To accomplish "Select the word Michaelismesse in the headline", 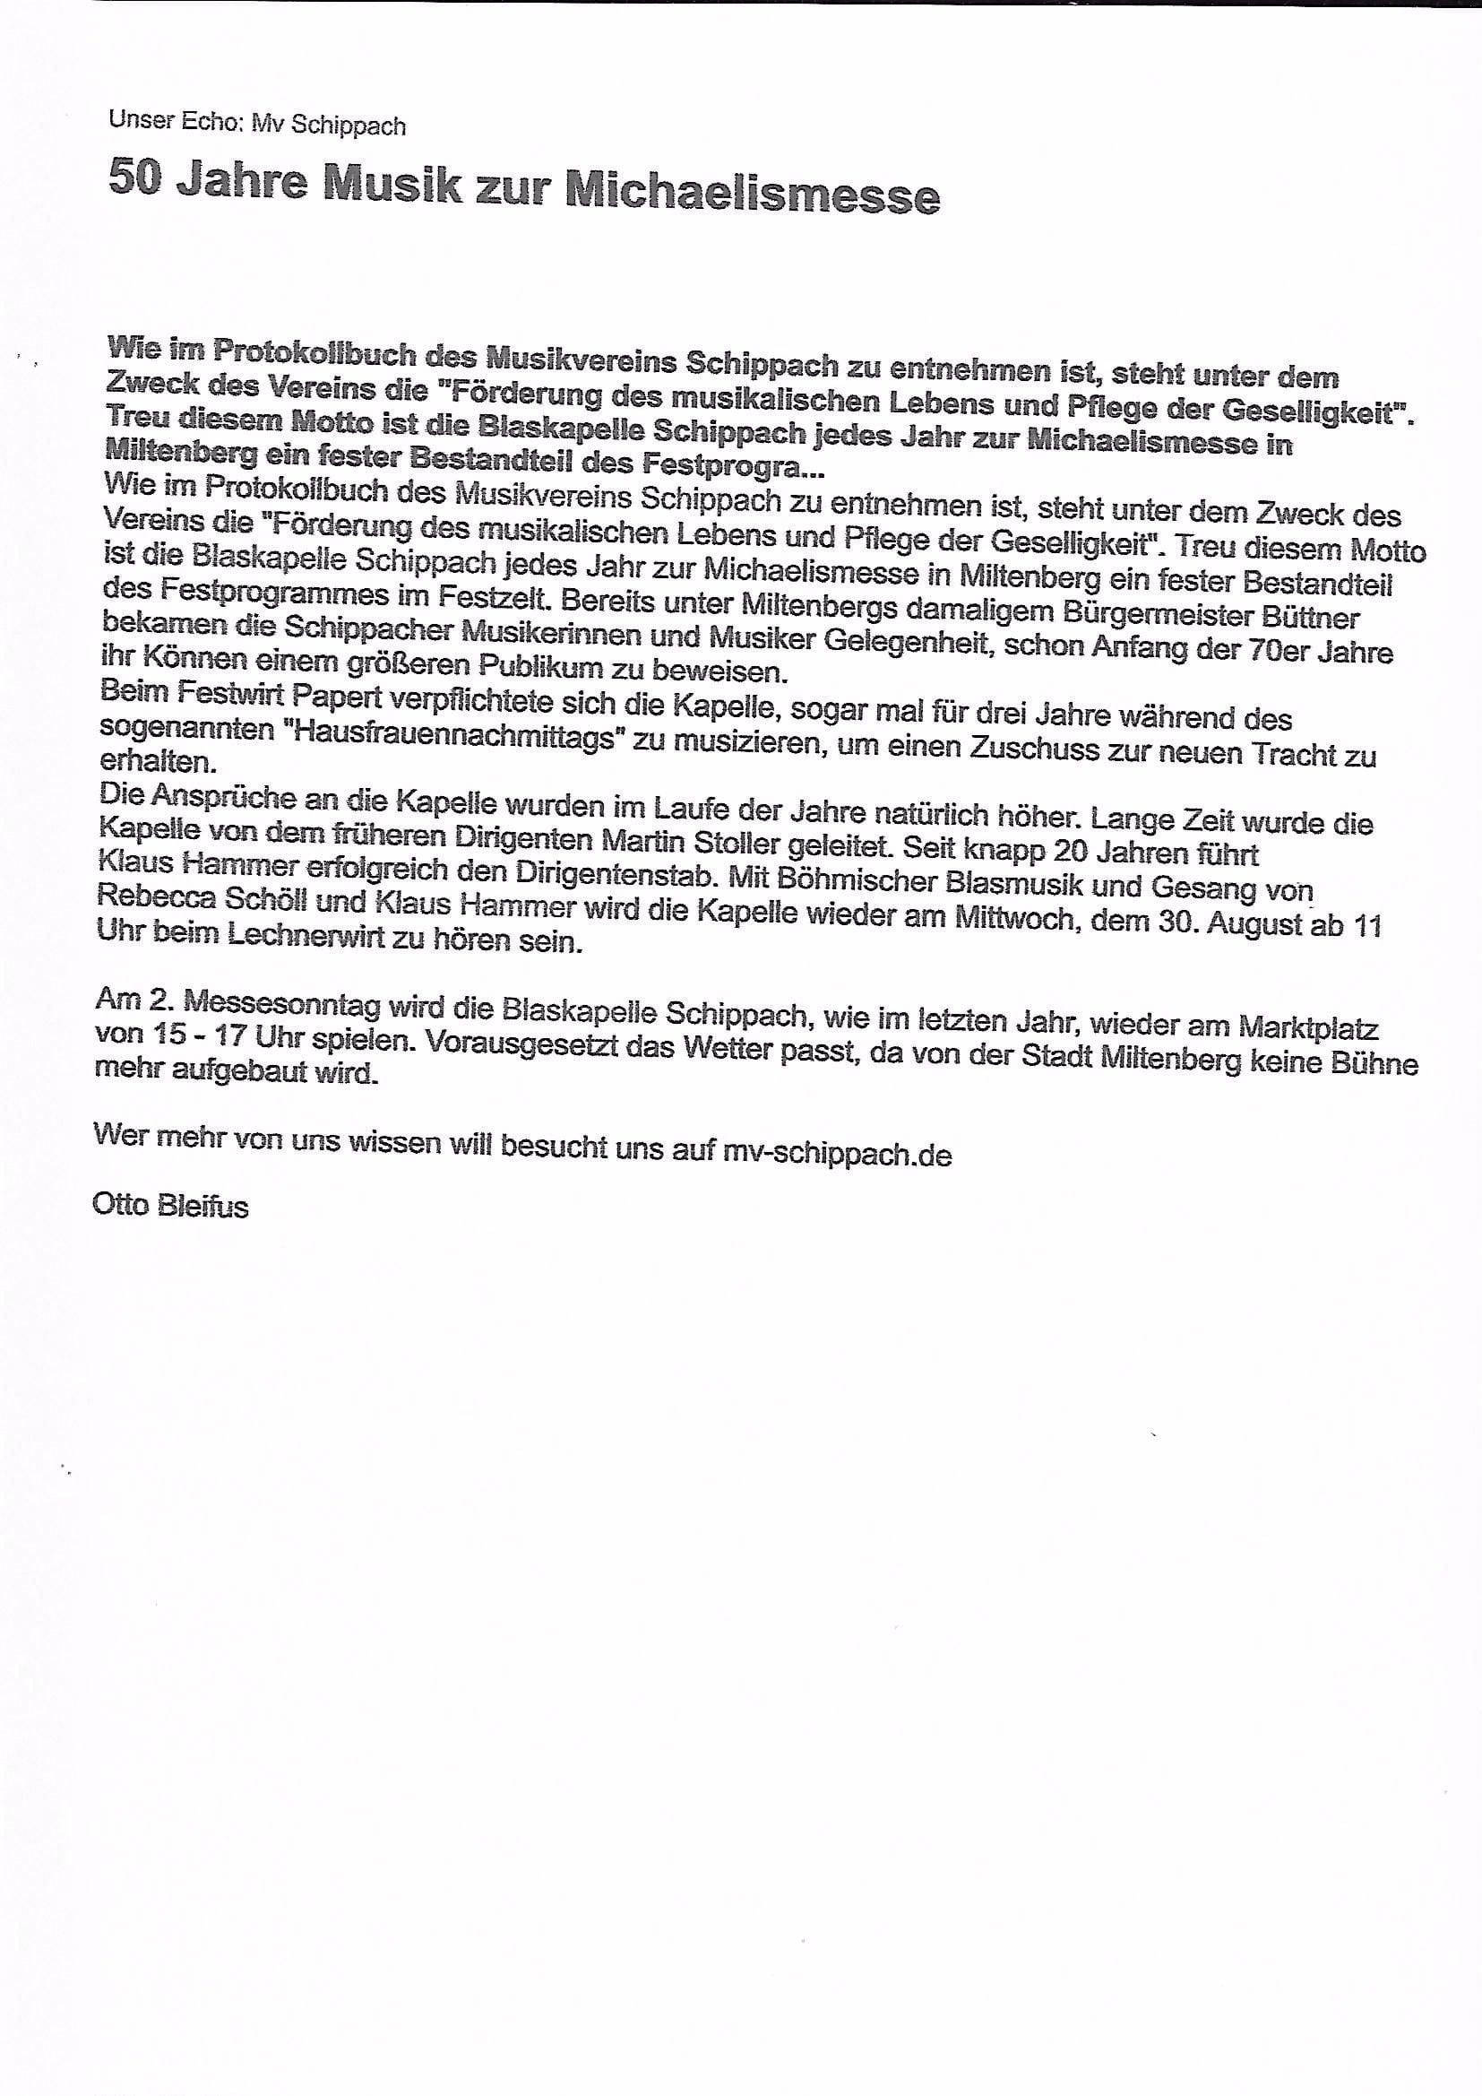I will (x=752, y=193).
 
